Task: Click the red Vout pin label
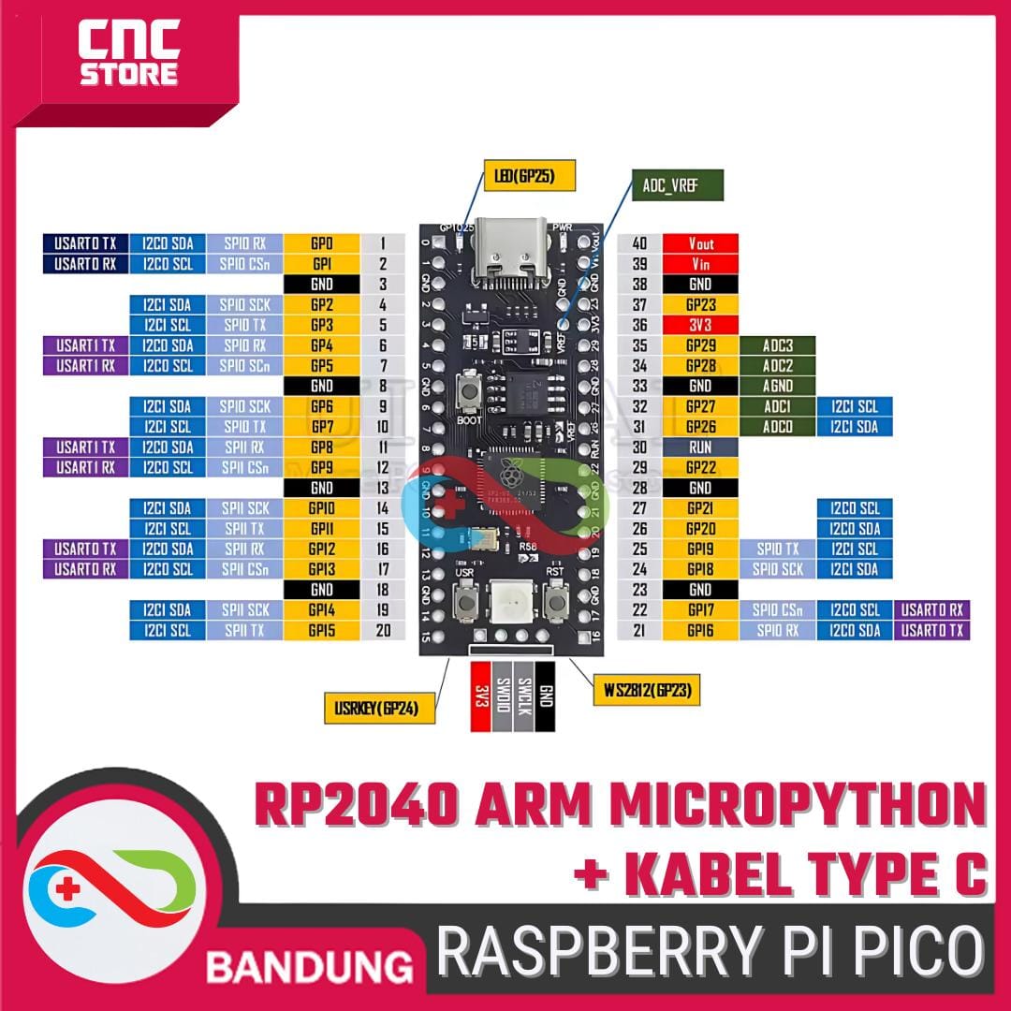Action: point(700,243)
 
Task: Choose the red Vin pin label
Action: point(700,264)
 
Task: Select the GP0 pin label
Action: point(321,243)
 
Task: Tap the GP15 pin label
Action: point(321,630)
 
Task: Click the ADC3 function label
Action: point(777,345)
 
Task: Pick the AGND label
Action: point(777,386)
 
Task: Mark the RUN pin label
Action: point(700,447)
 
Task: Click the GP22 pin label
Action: point(700,467)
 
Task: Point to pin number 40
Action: point(640,243)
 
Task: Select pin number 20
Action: point(383,630)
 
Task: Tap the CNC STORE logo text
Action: point(128,54)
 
